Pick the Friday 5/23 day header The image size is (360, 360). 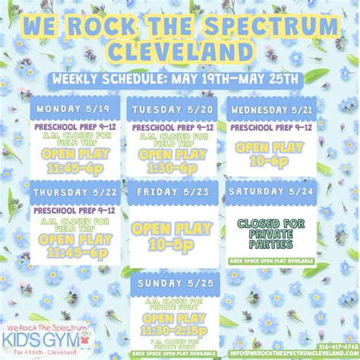(x=173, y=192)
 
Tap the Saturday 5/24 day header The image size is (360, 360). (x=271, y=192)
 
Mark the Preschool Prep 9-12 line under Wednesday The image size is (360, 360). (x=271, y=128)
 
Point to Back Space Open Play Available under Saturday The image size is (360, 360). (x=271, y=260)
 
